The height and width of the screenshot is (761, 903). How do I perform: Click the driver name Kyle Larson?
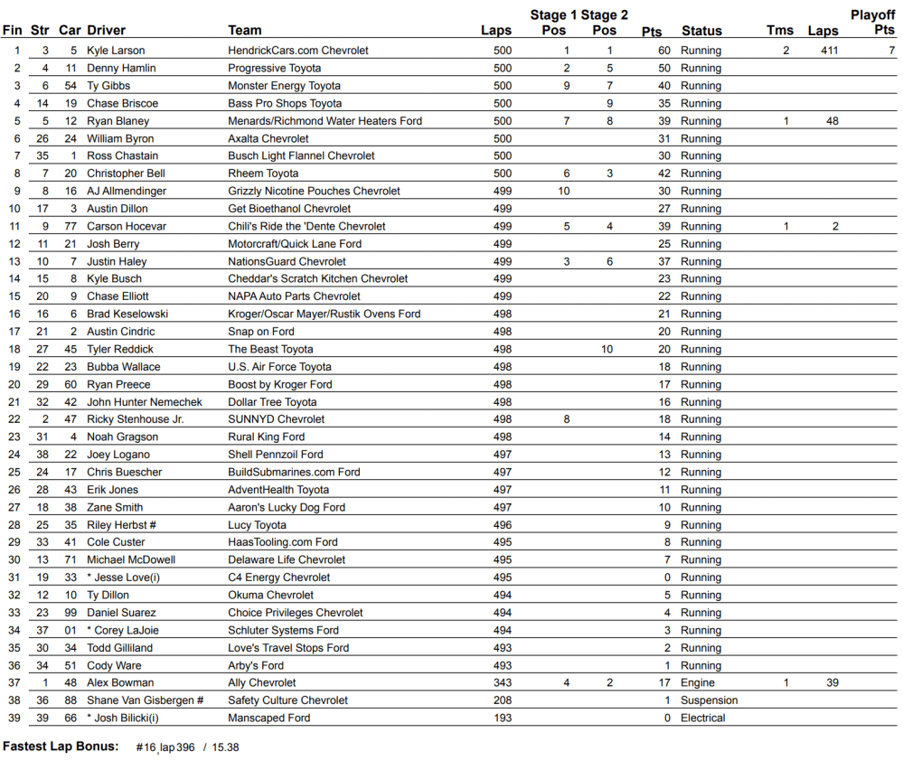[116, 51]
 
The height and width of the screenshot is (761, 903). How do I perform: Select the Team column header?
[245, 31]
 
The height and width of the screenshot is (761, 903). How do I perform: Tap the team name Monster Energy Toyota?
[284, 86]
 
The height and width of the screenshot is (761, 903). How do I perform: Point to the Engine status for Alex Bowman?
[698, 683]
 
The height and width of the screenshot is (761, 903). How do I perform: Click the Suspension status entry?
[710, 700]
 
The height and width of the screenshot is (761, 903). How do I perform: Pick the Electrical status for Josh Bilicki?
[703, 719]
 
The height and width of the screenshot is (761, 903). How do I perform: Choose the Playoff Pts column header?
[872, 23]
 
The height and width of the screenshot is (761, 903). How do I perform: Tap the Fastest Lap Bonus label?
[61, 747]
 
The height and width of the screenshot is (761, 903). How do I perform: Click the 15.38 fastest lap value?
[225, 747]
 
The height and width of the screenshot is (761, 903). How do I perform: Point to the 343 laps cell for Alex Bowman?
[503, 683]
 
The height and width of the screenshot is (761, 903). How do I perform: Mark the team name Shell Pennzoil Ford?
[275, 455]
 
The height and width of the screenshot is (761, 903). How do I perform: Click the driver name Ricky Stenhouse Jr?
[135, 419]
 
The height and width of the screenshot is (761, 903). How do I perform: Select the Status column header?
[701, 31]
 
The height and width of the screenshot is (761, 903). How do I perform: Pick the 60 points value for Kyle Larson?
[664, 51]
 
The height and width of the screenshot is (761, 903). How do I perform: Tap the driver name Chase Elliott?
[118, 296]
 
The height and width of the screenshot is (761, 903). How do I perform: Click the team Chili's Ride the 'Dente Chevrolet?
[306, 226]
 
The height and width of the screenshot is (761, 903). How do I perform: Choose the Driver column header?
[107, 31]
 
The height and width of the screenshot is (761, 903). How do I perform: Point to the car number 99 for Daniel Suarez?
[71, 613]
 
